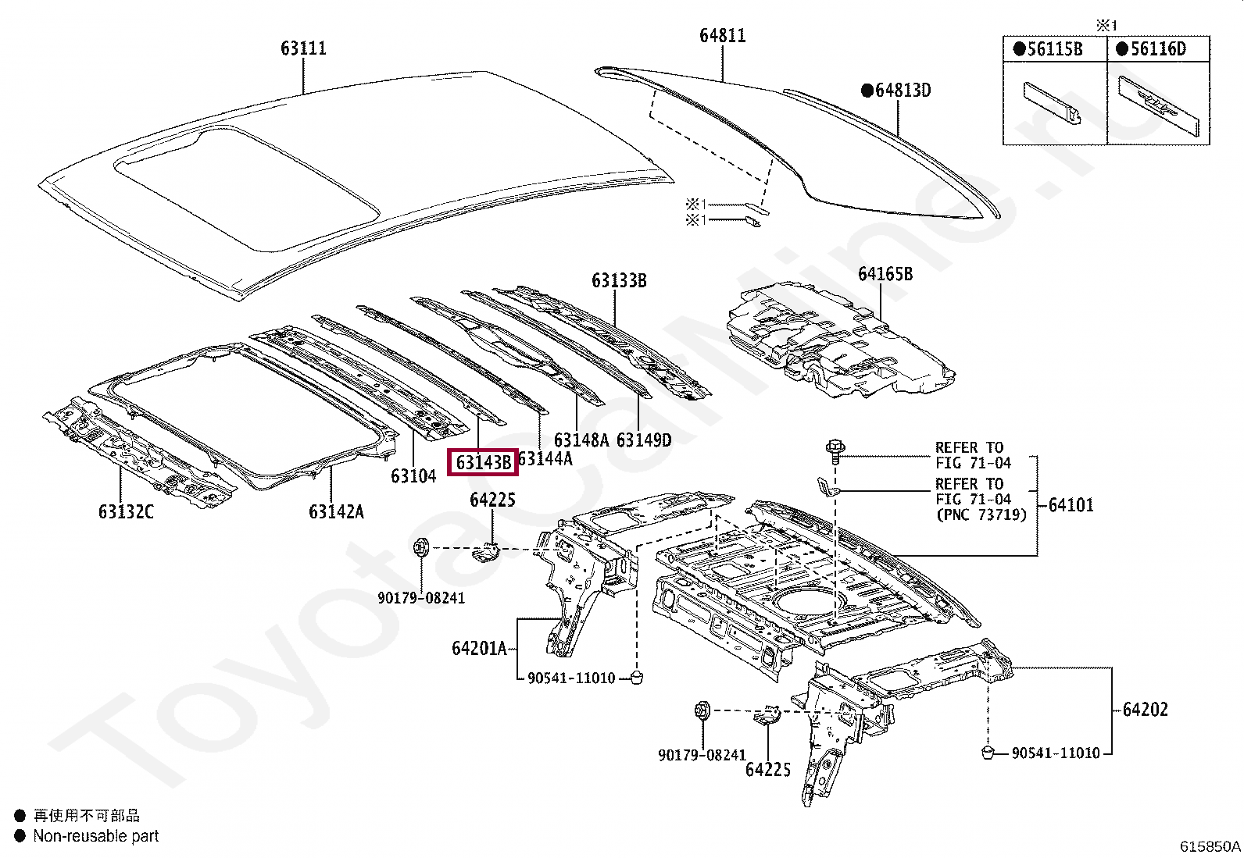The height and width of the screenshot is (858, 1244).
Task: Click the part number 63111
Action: [x=303, y=48]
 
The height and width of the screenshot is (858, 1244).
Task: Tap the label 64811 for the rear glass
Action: [x=722, y=36]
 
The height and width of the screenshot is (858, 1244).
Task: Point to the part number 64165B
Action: [x=885, y=274]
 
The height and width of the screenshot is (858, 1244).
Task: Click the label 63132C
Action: [x=126, y=512]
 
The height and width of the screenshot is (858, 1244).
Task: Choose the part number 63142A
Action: [x=336, y=512]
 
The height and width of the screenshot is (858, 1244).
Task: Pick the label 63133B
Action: [x=619, y=281]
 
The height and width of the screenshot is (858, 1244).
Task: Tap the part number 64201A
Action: [x=479, y=648]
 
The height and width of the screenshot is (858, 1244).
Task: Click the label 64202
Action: [x=1145, y=710]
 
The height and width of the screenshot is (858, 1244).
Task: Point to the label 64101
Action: [x=1071, y=505]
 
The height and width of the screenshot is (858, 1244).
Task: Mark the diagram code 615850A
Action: [x=1210, y=846]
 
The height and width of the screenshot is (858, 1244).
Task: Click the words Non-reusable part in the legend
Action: [x=95, y=836]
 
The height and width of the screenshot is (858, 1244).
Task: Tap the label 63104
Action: [x=413, y=475]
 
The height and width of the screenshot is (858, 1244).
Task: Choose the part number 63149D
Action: [x=643, y=440]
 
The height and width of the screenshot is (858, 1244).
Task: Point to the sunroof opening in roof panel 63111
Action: [x=250, y=187]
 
